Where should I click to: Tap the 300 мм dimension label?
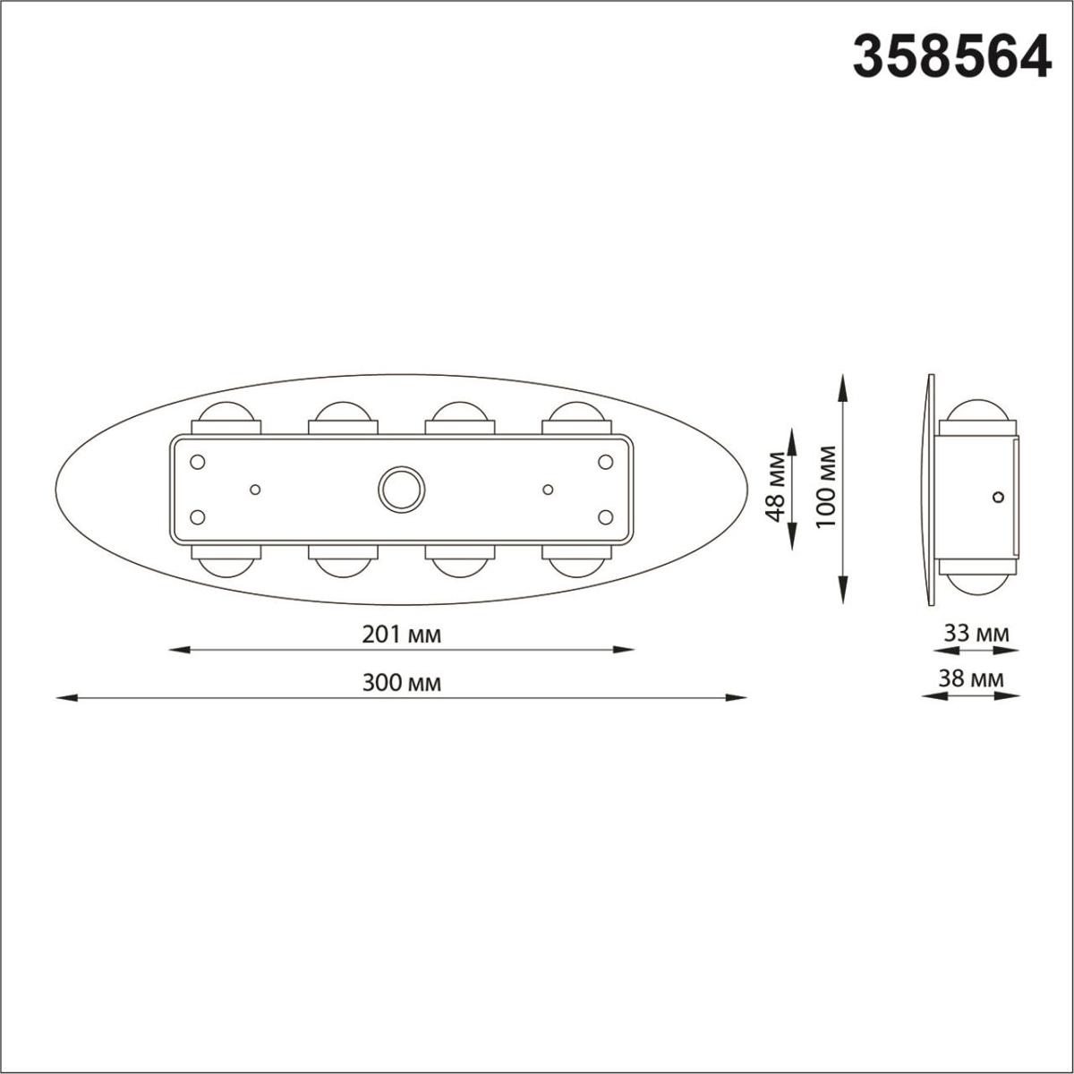[x=402, y=683]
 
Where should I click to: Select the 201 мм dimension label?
[x=402, y=635]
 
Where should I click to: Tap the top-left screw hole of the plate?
[x=199, y=461]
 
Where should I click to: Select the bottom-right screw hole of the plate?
[x=605, y=516]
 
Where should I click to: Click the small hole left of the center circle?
[x=255, y=489]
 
